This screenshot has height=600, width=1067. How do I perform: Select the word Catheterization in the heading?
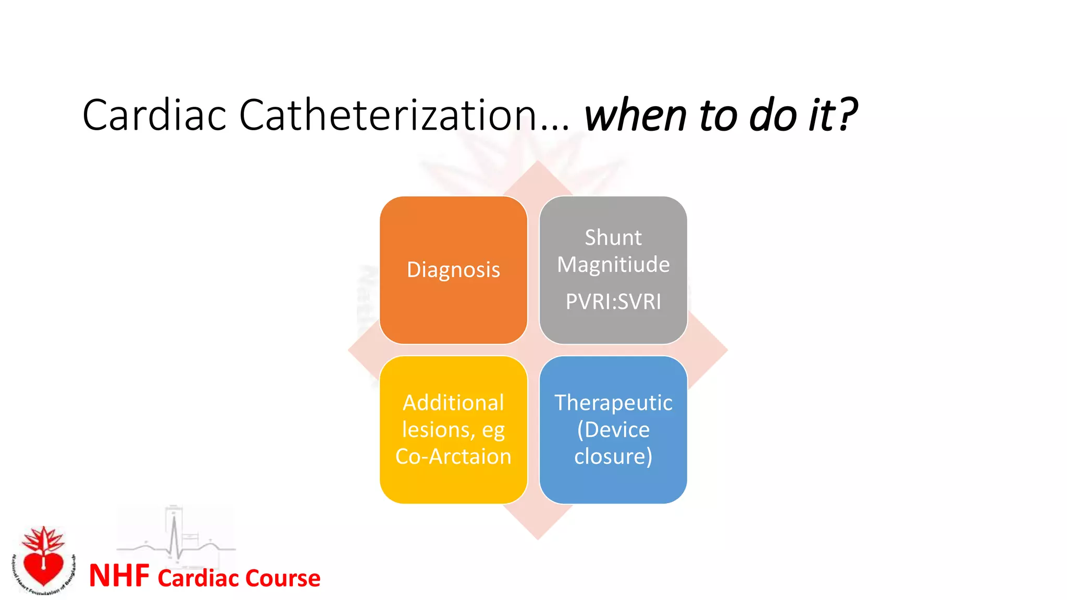tap(388, 115)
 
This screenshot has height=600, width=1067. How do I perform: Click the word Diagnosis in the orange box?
tap(453, 270)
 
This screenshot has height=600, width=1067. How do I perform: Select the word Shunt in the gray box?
tap(613, 238)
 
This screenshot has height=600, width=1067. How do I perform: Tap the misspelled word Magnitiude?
tap(613, 265)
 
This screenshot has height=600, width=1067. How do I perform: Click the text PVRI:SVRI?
tap(613, 302)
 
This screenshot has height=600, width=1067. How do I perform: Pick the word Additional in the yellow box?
tap(453, 403)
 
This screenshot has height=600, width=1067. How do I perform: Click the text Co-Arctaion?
tap(453, 456)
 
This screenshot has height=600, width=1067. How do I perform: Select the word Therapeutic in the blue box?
tap(613, 403)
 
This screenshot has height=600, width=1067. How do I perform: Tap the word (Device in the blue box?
tap(613, 430)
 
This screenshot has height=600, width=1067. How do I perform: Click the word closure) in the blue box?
tap(613, 456)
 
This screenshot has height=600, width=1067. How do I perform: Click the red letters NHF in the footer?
tap(119, 576)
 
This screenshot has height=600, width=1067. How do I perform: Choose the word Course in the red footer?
tap(282, 578)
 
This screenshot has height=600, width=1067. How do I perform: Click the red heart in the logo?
tap(44, 568)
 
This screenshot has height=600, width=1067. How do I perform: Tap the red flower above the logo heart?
tap(44, 539)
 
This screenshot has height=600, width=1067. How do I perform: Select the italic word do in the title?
tap(772, 115)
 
